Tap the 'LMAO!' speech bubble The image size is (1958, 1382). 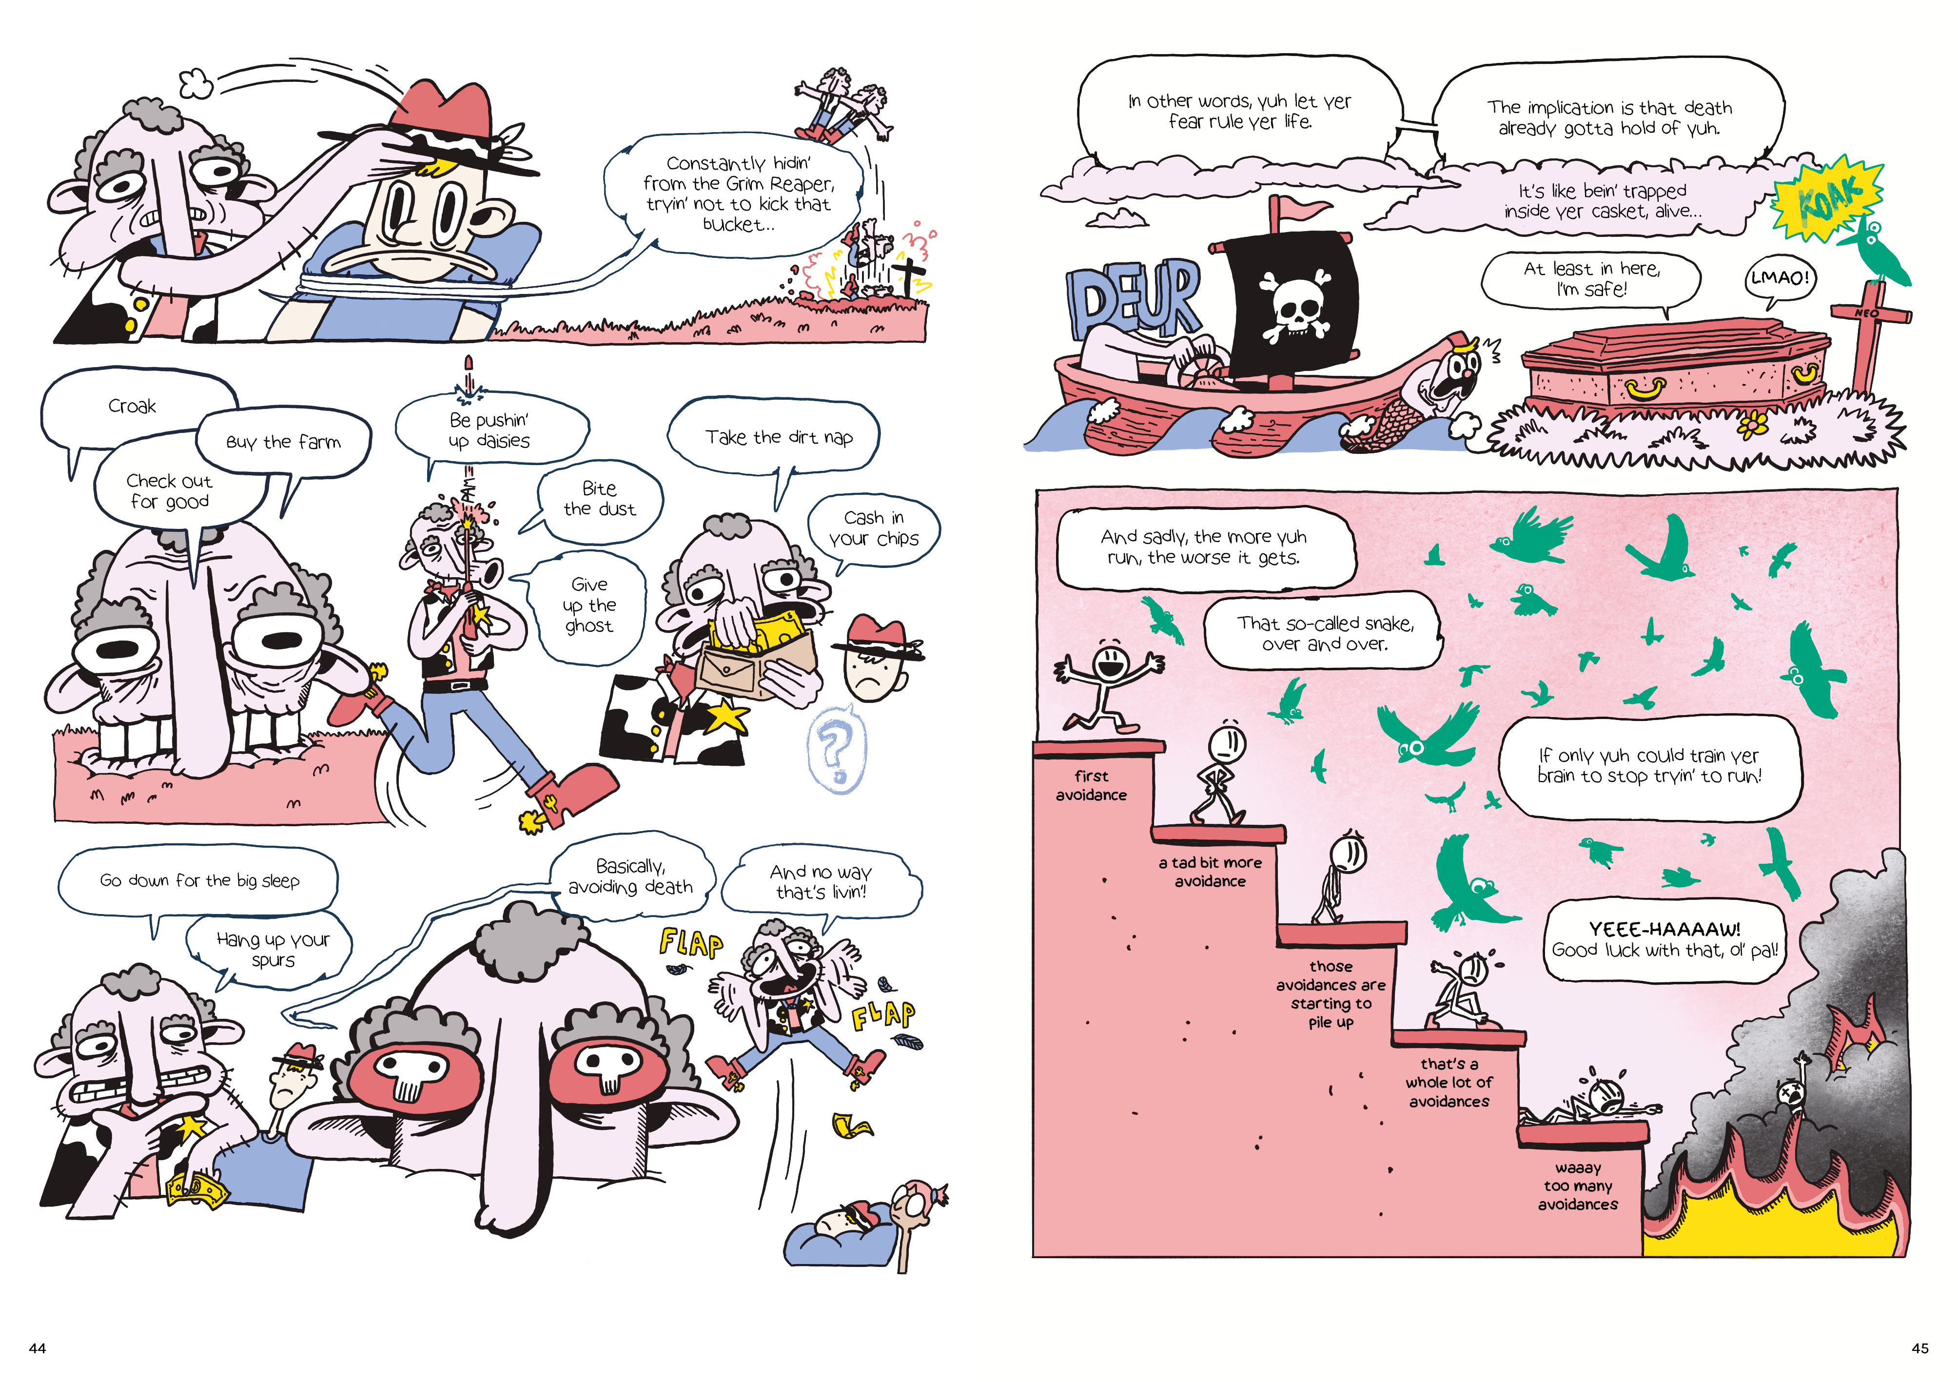pyautogui.click(x=1779, y=279)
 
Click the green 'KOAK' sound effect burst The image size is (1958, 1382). pyautogui.click(x=1827, y=198)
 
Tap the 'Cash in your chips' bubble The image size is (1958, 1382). pyautogui.click(x=873, y=528)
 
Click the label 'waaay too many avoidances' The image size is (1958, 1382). pyautogui.click(x=1578, y=1186)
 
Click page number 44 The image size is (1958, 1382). pyautogui.click(x=38, y=1348)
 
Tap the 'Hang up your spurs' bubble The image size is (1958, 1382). pyautogui.click(x=272, y=950)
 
